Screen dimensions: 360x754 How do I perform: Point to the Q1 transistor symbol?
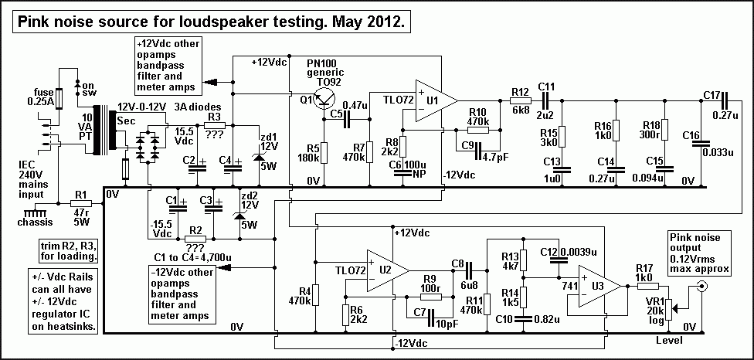point(324,99)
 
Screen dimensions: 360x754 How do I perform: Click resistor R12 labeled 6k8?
point(521,100)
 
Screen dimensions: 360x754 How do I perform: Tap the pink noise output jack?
point(703,287)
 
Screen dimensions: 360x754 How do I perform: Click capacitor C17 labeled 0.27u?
point(725,100)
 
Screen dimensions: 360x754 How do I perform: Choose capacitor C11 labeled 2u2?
point(547,100)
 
